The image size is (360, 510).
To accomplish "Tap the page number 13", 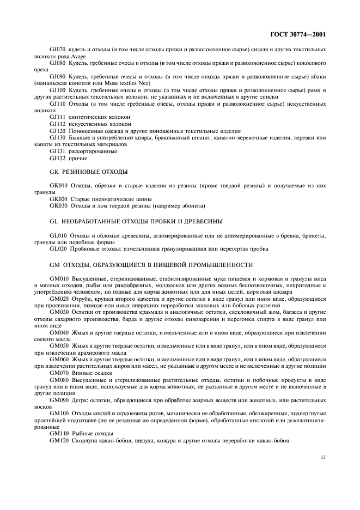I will tap(322, 457).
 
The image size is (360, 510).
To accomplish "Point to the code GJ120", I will tap(58, 131).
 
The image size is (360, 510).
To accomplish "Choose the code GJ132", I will tap(58, 158).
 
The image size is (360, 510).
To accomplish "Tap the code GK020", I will tap(58, 198).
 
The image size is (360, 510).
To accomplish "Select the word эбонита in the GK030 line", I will tap(193, 205).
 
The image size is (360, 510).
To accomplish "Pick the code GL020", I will tap(58, 248).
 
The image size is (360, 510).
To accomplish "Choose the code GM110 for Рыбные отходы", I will tap(59, 433).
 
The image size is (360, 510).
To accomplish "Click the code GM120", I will tap(59, 440).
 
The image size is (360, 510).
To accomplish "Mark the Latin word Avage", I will tap(77, 57).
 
